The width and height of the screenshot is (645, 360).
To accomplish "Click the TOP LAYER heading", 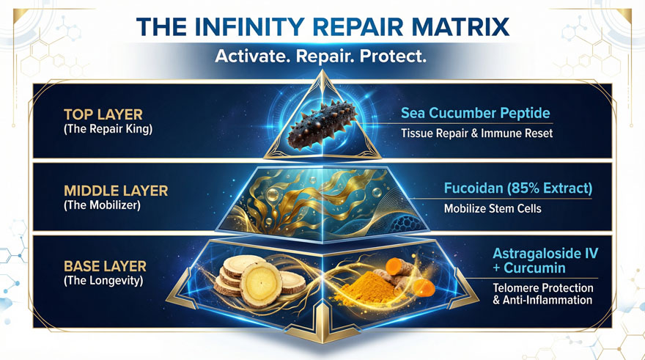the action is coord(103,114).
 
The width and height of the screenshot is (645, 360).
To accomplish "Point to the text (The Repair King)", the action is coord(108,129).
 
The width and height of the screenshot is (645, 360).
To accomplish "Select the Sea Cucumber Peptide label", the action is coord(475,113).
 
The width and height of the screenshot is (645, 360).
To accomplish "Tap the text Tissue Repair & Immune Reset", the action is coord(476,133).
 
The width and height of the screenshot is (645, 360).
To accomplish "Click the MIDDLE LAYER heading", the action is coord(116,191).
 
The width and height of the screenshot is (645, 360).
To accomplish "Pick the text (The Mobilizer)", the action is coord(102,205).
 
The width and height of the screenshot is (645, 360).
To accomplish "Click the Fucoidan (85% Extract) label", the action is coord(518,188).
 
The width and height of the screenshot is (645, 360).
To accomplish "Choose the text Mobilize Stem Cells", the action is coord(493,208).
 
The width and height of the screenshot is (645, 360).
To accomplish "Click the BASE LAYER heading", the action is coord(105,267).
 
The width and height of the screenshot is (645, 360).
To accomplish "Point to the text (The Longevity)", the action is coord(103,281).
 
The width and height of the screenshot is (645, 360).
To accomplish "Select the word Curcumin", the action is coord(534,268).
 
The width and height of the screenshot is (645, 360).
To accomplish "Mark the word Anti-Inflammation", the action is coord(548,300).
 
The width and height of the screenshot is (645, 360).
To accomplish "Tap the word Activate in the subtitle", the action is coord(251,56).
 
